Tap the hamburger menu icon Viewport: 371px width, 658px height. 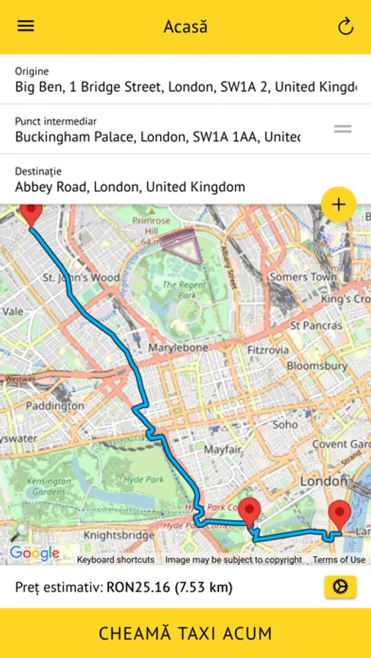point(26,26)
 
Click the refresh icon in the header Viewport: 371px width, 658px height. point(345,27)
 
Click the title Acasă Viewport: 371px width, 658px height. point(185,27)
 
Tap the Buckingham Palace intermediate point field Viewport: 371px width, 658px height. point(157,137)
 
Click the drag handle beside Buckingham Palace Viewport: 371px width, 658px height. point(342,129)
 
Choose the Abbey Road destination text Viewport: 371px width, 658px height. point(130,186)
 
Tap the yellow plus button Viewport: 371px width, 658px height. point(338,205)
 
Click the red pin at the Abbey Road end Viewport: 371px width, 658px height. point(31,214)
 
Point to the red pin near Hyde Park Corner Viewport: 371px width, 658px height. point(250,511)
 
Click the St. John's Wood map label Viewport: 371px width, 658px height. point(80,278)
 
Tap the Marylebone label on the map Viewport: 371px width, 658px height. point(178,348)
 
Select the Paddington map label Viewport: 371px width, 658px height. point(55,406)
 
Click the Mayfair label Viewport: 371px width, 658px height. point(222,450)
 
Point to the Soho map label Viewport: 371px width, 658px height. point(285,424)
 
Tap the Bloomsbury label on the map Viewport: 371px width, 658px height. point(316,366)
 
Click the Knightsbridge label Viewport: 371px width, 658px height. point(119,535)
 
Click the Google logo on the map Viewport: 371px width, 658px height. point(34,553)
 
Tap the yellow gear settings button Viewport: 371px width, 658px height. point(340,586)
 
